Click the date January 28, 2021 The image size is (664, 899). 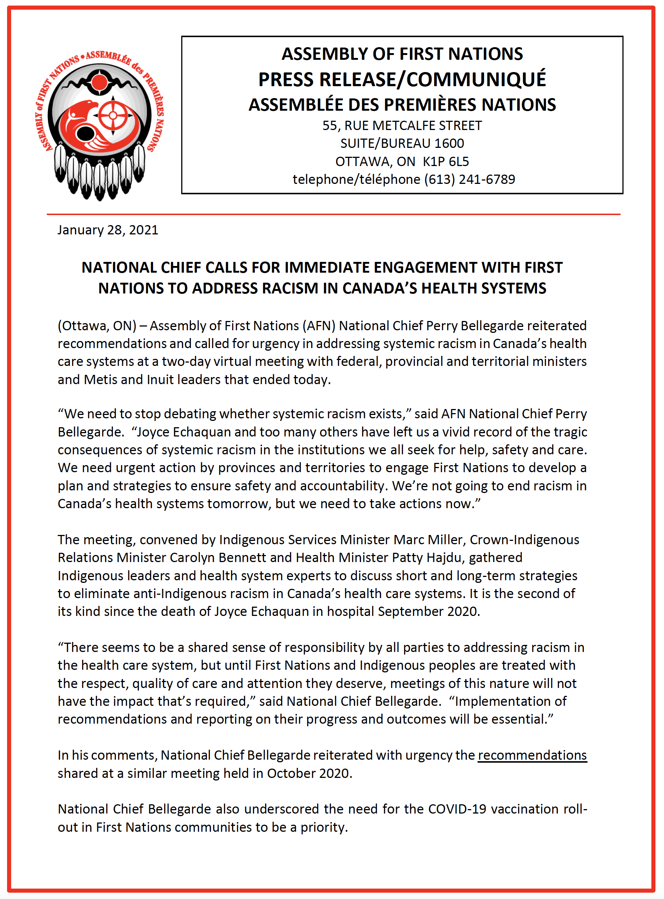click(x=108, y=230)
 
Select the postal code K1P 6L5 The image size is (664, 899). click(x=446, y=161)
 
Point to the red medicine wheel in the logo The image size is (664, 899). click(x=113, y=116)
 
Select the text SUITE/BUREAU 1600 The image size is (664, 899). click(x=402, y=143)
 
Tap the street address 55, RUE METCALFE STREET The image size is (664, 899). click(x=402, y=126)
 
